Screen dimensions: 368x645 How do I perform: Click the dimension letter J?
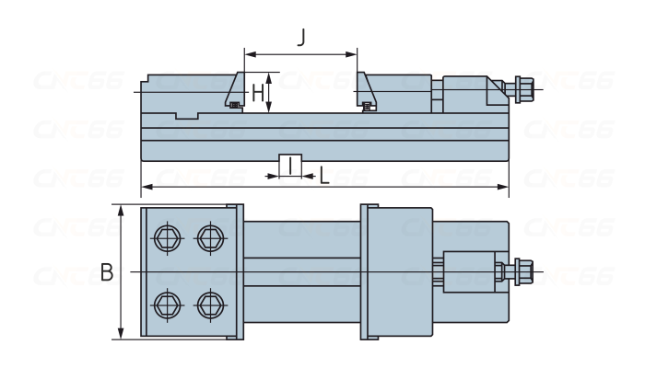pyautogui.click(x=301, y=38)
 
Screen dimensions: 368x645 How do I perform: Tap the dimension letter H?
pyautogui.click(x=258, y=93)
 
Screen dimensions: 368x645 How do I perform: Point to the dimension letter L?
pyautogui.click(x=323, y=175)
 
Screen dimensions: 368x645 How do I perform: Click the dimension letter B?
pyautogui.click(x=107, y=272)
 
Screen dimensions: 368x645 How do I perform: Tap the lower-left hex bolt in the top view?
pyautogui.click(x=167, y=303)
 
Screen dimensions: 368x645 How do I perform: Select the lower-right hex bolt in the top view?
pyautogui.click(x=210, y=303)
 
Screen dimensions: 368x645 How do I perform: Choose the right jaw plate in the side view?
pyautogui.click(x=365, y=90)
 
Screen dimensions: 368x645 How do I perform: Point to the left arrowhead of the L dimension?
pyautogui.click(x=145, y=187)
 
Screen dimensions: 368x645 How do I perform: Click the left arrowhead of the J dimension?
pyautogui.click(x=247, y=53)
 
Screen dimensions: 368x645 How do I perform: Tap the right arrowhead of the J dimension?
pyautogui.click(x=354, y=53)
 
